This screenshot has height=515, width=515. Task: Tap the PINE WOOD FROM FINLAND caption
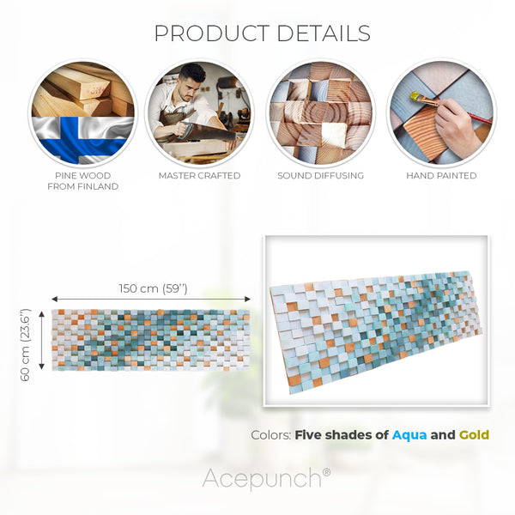pos(82,180)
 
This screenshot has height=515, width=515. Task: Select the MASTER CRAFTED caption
pos(199,175)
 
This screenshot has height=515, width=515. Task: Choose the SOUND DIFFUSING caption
pos(320,175)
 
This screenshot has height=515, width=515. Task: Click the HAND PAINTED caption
pos(441,175)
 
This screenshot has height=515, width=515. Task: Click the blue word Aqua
pos(409,434)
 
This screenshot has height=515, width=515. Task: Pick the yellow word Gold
pos(474,434)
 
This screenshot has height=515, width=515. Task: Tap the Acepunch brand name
pos(260,478)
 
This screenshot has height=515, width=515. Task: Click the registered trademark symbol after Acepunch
pos(326,471)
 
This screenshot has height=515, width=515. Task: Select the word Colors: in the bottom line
pos(270,434)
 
